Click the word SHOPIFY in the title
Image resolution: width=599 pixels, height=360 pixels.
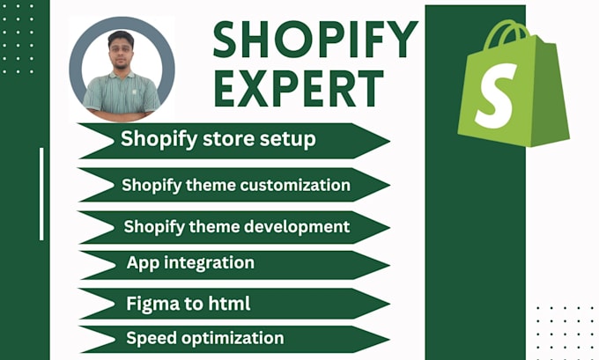[x=315, y=40]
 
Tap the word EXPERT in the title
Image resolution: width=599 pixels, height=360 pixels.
[x=299, y=89]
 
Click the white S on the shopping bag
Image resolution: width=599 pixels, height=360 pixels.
[x=495, y=96]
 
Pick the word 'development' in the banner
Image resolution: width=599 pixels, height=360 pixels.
[x=297, y=227]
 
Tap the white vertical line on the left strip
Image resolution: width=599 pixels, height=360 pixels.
[x=41, y=194]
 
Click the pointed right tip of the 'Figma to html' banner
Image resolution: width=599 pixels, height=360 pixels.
[x=389, y=305]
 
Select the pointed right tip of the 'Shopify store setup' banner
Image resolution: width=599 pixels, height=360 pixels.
[x=389, y=141]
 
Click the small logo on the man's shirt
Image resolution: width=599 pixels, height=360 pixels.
[x=135, y=92]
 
